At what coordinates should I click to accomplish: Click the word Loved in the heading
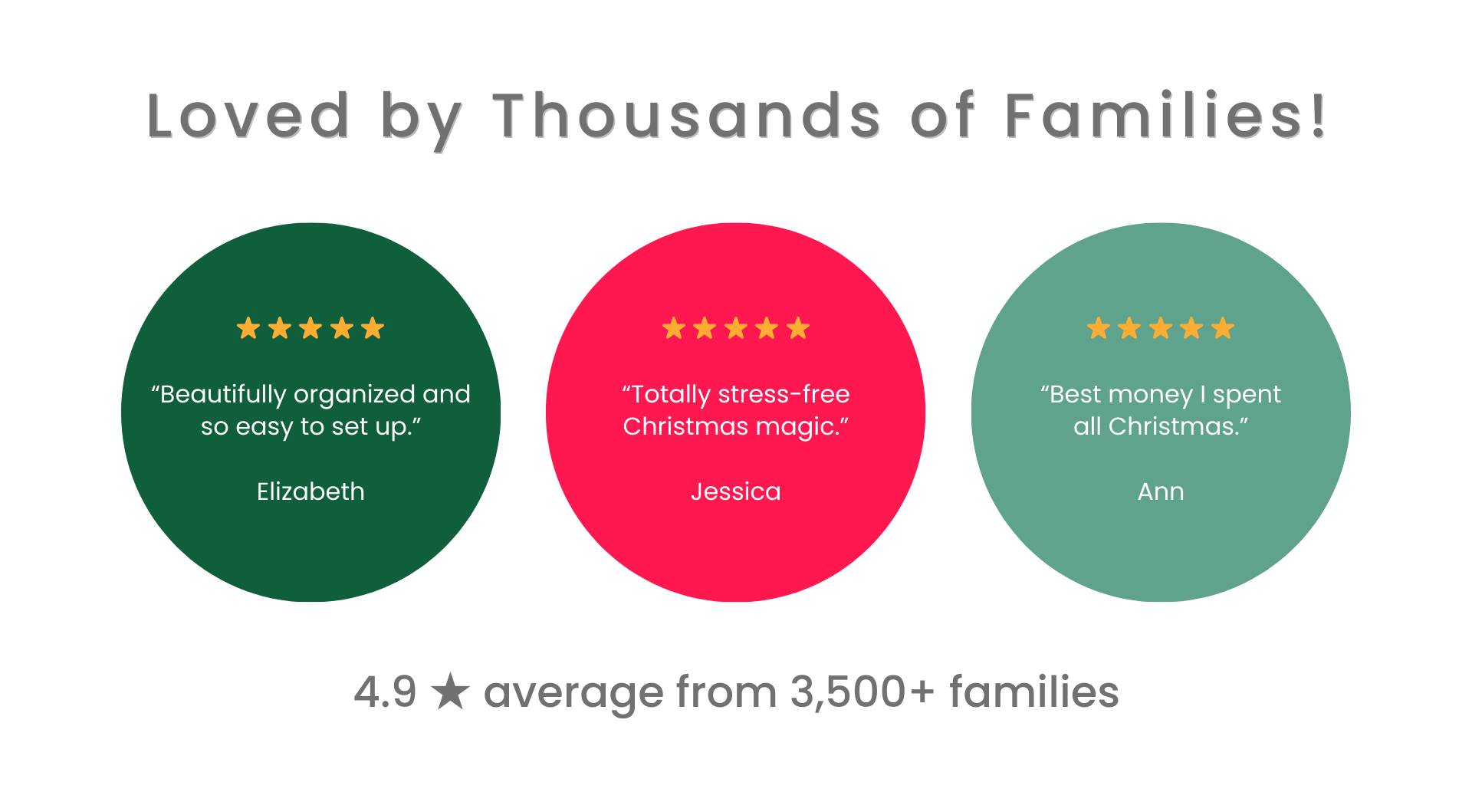coord(248,116)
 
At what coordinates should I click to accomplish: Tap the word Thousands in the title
coord(687,116)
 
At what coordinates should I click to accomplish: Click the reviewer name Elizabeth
coord(310,491)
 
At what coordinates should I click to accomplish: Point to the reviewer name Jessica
coord(736,491)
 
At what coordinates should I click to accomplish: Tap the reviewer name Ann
coord(1161,491)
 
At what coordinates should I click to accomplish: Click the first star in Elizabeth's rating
coord(248,328)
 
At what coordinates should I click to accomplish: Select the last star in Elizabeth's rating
coord(373,328)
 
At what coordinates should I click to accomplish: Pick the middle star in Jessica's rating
coord(736,328)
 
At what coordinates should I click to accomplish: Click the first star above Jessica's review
coord(674,328)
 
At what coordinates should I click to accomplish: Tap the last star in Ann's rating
coord(1223,328)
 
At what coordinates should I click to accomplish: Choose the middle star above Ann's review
coord(1161,328)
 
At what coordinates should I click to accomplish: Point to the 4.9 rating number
coord(385,692)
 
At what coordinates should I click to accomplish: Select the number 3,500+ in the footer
coord(863,692)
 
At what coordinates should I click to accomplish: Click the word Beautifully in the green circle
coord(223,395)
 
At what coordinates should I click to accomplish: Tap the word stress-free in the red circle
coord(784,394)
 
